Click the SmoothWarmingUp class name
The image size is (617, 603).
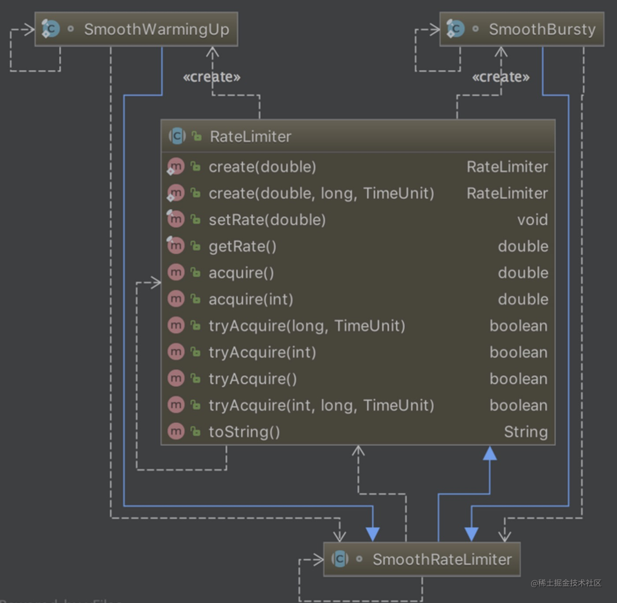[x=156, y=30]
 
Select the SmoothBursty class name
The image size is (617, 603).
[x=542, y=30]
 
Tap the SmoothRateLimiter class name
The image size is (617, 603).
[x=442, y=559]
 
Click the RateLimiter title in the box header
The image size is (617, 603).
[x=250, y=137]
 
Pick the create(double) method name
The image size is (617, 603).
[x=262, y=167]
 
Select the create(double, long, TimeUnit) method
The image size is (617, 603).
[x=321, y=194]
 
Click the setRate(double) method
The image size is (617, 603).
[x=267, y=220]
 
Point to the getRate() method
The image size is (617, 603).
[x=242, y=246]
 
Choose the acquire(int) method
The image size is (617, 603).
[x=251, y=299]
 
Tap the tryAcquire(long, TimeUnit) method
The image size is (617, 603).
[x=307, y=326]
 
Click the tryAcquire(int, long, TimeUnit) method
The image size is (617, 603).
[x=321, y=405]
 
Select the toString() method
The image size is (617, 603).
[x=244, y=432]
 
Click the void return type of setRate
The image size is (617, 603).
[x=532, y=220]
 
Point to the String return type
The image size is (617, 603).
[x=526, y=432]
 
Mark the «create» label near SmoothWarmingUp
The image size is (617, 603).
[x=212, y=77]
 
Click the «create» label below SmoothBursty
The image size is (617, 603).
[x=501, y=77]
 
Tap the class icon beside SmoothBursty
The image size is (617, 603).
[x=455, y=29]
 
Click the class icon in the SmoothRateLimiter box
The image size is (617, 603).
[x=340, y=559]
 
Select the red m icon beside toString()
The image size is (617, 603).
[x=176, y=431]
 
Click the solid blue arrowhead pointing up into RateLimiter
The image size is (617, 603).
[x=490, y=454]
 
